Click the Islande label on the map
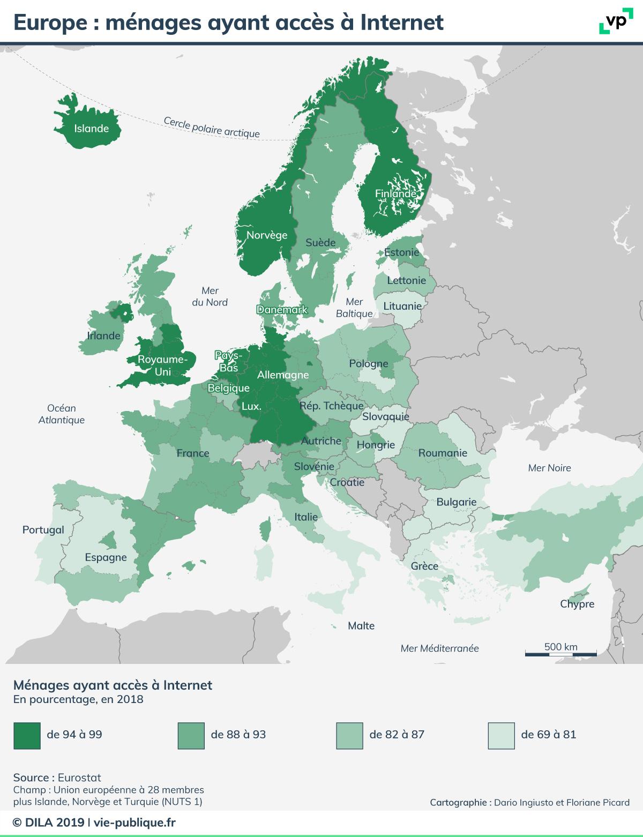91,129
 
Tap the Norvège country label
267,235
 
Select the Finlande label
395,193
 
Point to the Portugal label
43,530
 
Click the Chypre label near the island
577,604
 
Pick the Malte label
361,626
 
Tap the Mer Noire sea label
549,468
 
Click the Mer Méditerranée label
439,648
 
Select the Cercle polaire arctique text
212,128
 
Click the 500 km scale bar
560,653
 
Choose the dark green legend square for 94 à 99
27,735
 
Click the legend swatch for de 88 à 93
191,735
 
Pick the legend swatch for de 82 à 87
349,735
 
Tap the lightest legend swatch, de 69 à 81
502,735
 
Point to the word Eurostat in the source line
79,778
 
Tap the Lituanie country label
402,306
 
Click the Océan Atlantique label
62,414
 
